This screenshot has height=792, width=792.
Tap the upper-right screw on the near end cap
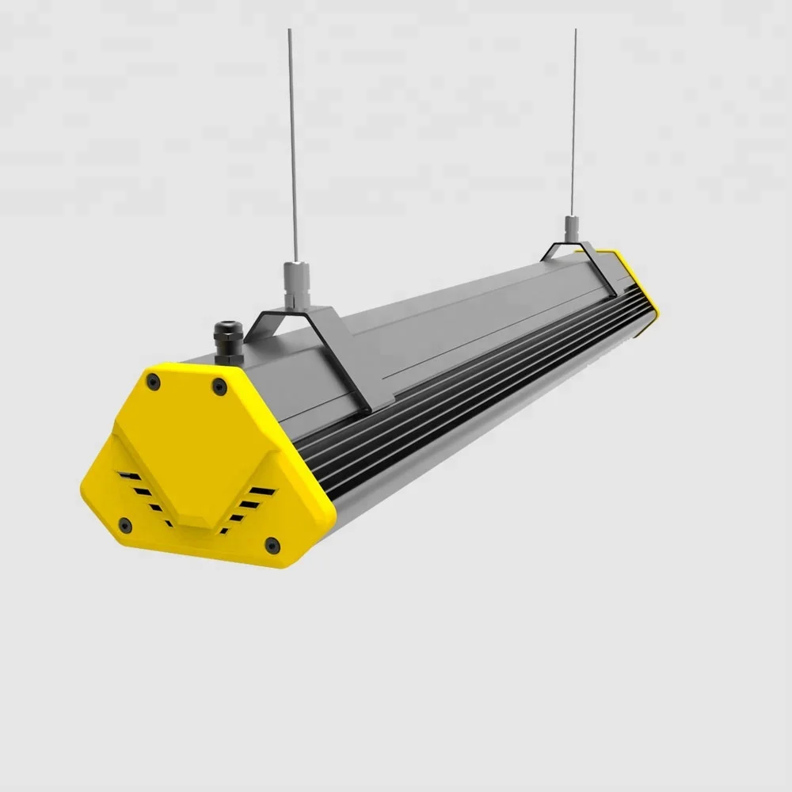pyautogui.click(x=219, y=386)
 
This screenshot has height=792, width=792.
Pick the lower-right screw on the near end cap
pyautogui.click(x=272, y=544)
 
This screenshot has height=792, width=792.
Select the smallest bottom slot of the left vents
pyautogui.click(x=169, y=524)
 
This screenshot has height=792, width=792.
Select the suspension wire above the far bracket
pyautogui.click(x=573, y=119)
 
